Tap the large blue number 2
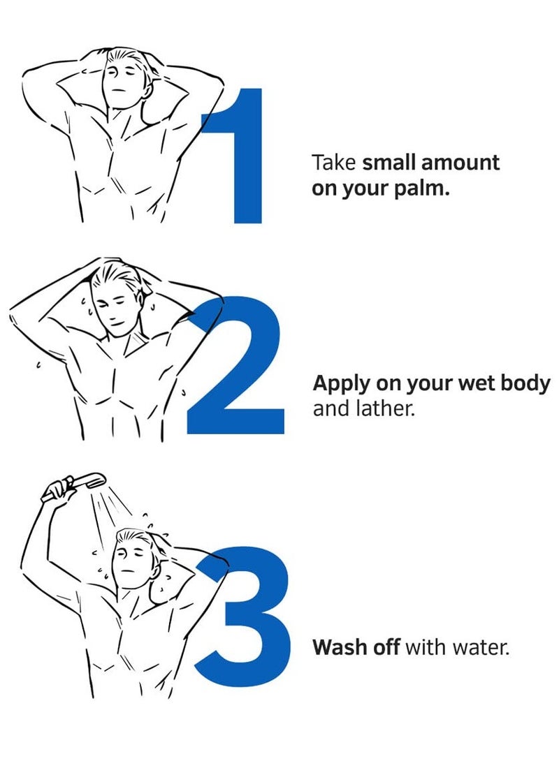(235, 364)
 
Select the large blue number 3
(243, 616)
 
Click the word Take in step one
(333, 163)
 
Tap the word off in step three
(386, 647)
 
